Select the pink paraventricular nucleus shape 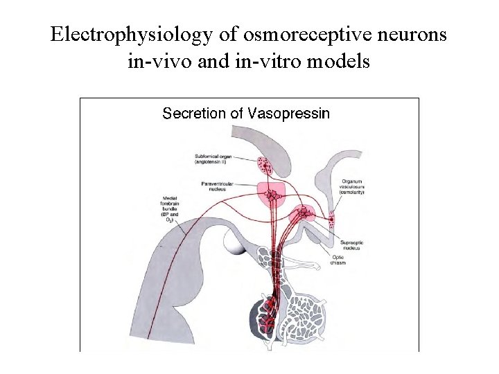pos(273,195)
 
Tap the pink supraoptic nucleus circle pos(304,213)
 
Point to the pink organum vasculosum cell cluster pos(331,221)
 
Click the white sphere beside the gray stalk pos(232,243)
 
